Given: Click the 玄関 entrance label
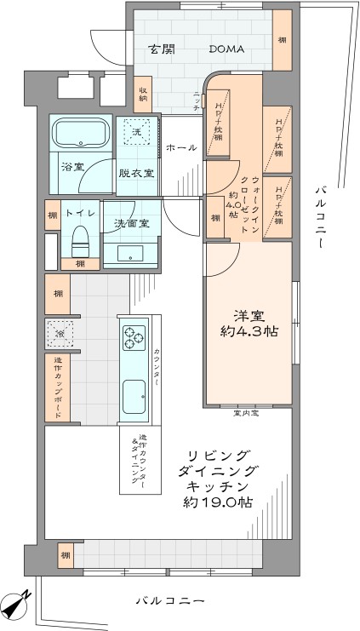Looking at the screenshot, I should pyautogui.click(x=162, y=49).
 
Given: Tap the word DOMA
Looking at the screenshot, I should pyautogui.click(x=226, y=49).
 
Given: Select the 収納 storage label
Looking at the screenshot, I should pyautogui.click(x=143, y=94).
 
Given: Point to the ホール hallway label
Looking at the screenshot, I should pyautogui.click(x=181, y=147).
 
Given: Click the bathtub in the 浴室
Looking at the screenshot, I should pyautogui.click(x=80, y=134).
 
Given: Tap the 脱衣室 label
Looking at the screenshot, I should pyautogui.click(x=136, y=173).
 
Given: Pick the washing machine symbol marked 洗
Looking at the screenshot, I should pyautogui.click(x=135, y=130).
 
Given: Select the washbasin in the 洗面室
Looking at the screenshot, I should pyautogui.click(x=130, y=251).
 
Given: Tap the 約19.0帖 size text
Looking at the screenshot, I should pyautogui.click(x=220, y=502).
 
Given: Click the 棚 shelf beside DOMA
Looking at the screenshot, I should pyautogui.click(x=282, y=40).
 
